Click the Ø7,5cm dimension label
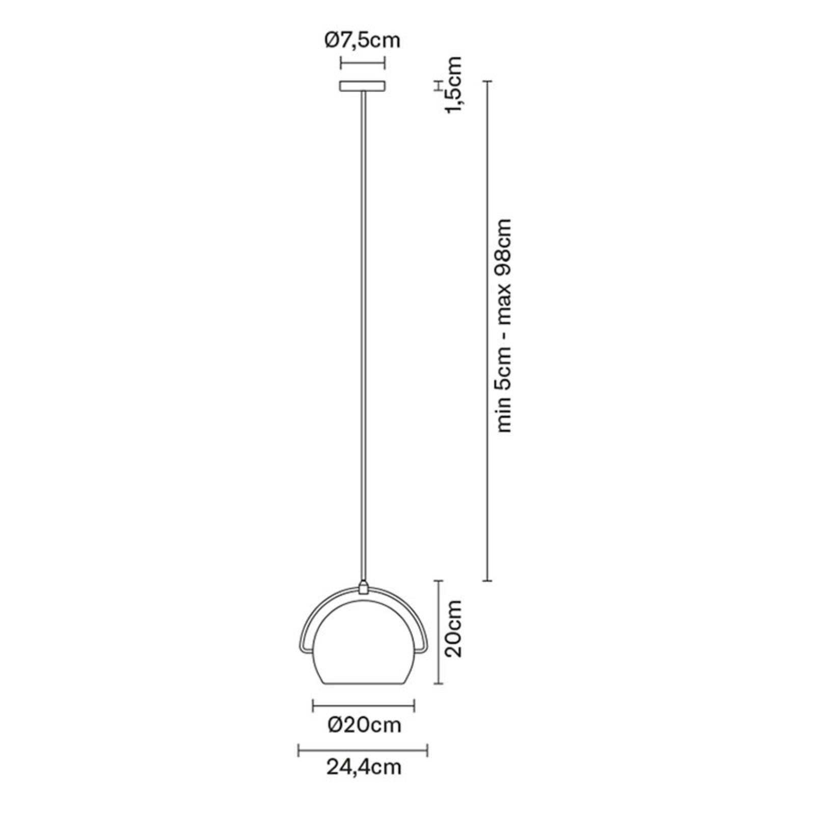(362, 40)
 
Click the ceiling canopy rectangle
(362, 87)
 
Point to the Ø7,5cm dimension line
(362, 63)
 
